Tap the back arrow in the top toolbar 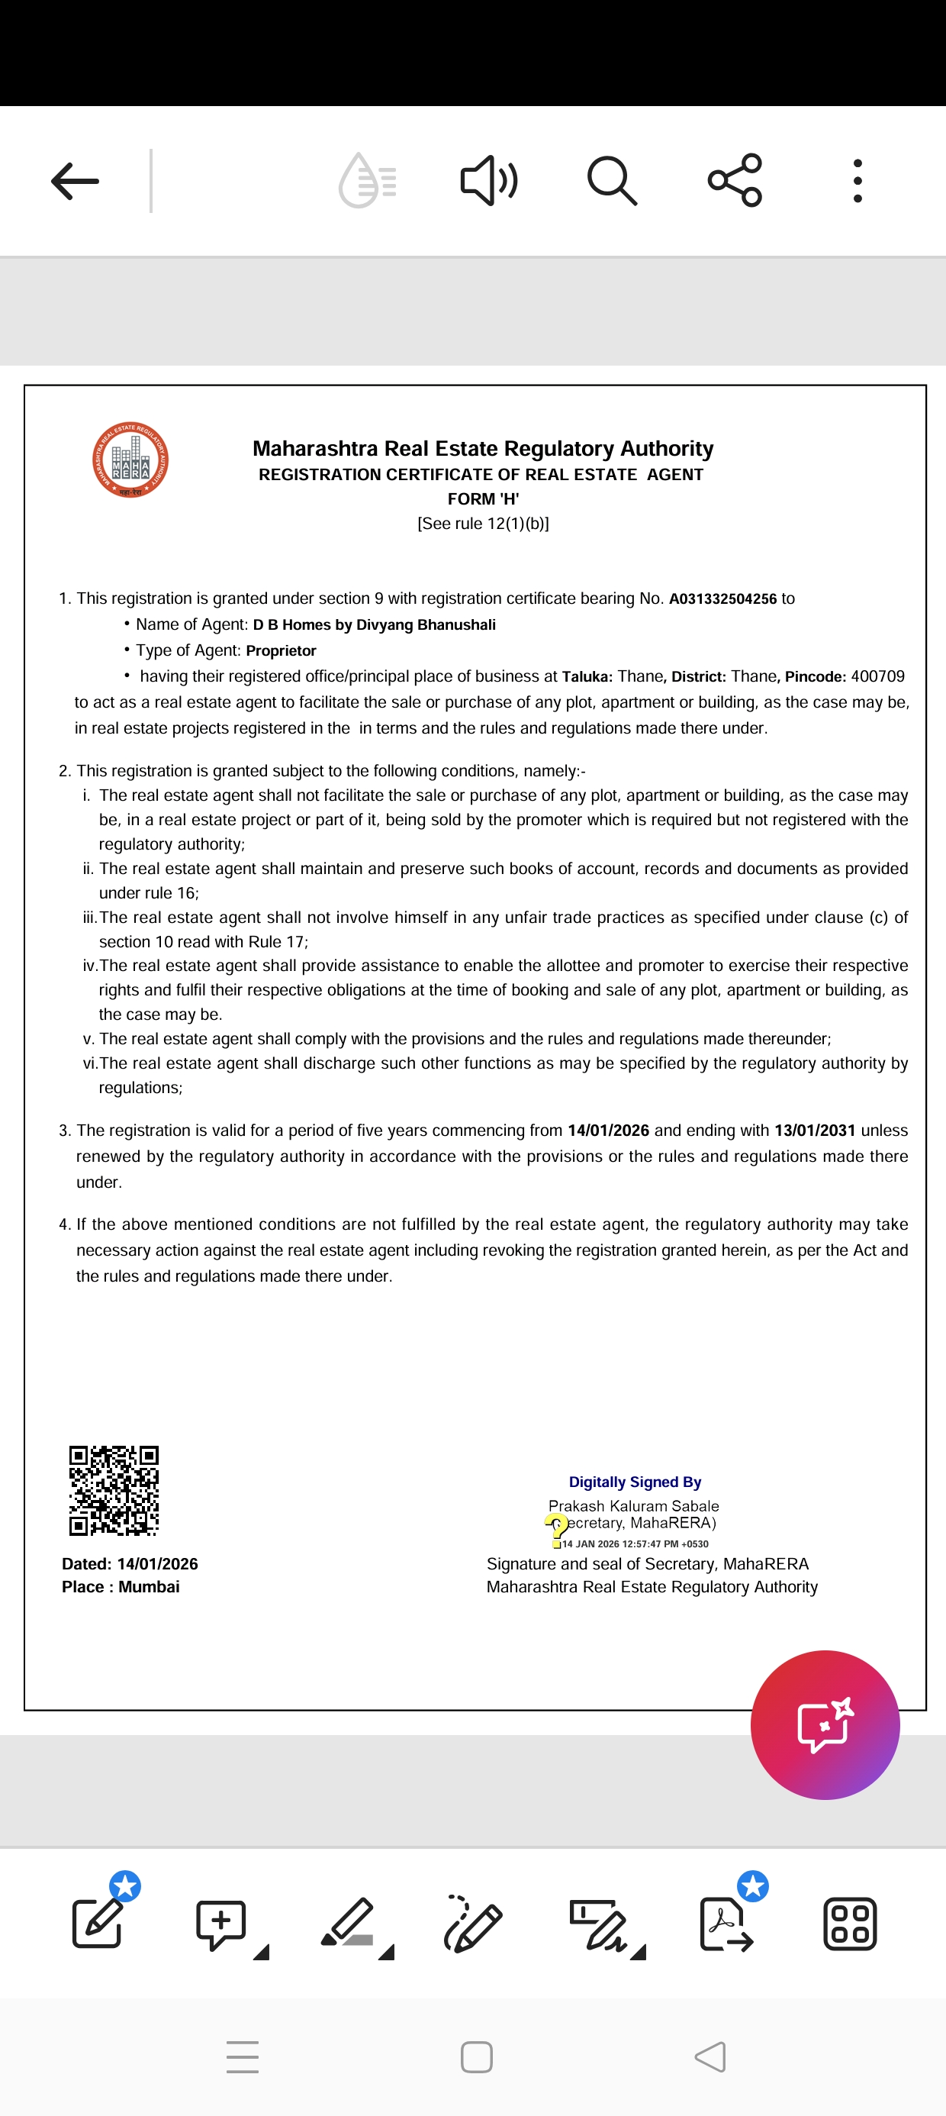[75, 181]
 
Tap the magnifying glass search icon [612, 181]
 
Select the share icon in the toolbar [735, 180]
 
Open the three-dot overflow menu [858, 181]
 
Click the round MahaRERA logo [130, 460]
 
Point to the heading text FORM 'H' [483, 498]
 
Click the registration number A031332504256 [722, 598]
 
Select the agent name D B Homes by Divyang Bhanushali [374, 625]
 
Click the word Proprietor [281, 650]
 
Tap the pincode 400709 [877, 676]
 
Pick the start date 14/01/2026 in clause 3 [608, 1131]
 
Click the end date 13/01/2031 [814, 1131]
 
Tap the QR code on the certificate [114, 1490]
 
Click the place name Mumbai [149, 1587]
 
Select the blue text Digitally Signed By [635, 1482]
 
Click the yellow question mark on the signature [557, 1530]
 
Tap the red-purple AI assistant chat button [825, 1724]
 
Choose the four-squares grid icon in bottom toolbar [850, 1924]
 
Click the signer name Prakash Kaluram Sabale [633, 1505]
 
